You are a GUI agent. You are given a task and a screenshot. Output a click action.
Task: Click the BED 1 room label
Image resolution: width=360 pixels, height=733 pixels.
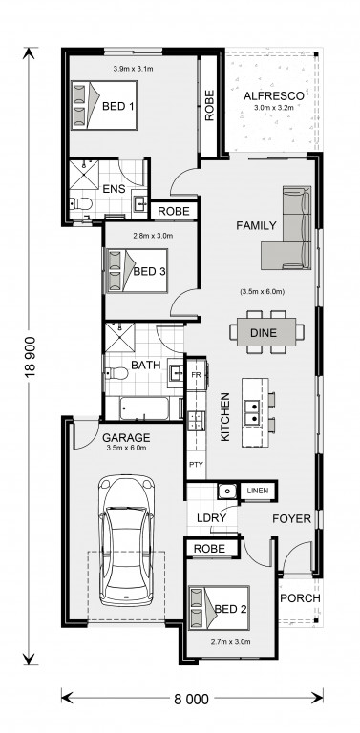pos(117,106)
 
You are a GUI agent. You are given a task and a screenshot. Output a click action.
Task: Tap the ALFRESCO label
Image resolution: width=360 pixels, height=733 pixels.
pos(273,96)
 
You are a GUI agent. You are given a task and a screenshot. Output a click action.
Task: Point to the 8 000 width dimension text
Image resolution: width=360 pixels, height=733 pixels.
pos(192,700)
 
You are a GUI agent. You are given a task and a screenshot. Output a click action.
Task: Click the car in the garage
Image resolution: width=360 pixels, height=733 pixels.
pos(126,541)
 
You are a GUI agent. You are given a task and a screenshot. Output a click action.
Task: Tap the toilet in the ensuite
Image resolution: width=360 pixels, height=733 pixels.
pos(80,204)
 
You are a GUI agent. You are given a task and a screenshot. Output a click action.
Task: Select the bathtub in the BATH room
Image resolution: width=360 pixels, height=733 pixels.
pos(143,408)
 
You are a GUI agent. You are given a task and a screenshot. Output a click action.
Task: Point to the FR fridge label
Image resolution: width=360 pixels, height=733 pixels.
pos(196,375)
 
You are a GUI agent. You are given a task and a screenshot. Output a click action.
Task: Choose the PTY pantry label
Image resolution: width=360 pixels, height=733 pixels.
pos(196,464)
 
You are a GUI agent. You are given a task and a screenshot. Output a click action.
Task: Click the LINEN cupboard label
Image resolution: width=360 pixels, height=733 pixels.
pos(258,491)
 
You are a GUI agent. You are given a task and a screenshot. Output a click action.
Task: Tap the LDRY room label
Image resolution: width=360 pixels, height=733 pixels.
pos(211,518)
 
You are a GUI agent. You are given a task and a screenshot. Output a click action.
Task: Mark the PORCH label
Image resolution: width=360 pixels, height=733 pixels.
pos(300,597)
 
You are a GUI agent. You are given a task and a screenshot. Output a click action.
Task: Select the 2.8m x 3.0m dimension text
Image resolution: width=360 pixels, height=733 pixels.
pos(153,236)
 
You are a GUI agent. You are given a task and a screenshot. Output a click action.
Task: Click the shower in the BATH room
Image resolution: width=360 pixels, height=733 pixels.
pos(119,337)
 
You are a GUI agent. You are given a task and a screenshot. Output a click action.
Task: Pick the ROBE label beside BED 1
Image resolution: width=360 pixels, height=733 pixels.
pos(209,106)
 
